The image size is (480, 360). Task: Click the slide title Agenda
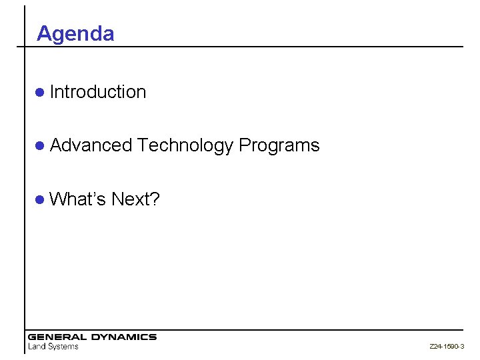click(75, 34)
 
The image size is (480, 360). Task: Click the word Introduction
click(97, 92)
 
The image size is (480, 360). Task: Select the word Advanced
click(92, 145)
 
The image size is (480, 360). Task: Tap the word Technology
click(186, 145)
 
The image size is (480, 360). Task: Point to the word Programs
click(279, 146)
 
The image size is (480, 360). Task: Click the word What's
click(78, 199)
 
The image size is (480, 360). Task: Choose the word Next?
click(135, 199)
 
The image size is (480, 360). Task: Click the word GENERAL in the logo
click(56, 337)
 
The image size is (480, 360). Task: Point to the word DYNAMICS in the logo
click(123, 337)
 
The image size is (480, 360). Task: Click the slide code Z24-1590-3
click(447, 347)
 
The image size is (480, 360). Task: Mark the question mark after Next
click(155, 199)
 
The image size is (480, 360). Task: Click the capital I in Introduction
click(52, 92)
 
